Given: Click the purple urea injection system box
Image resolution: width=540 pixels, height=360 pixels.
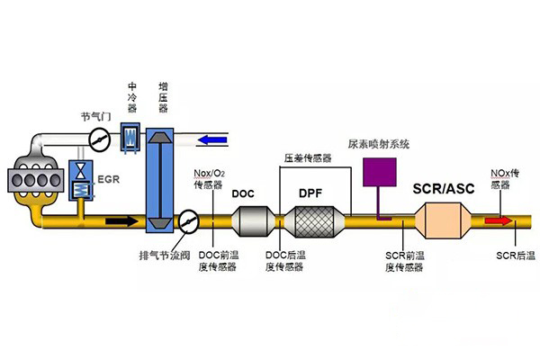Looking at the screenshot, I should [379, 171].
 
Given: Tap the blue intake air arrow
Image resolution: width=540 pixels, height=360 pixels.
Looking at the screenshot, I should [213, 139].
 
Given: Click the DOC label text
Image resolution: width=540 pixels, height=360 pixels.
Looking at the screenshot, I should [244, 193].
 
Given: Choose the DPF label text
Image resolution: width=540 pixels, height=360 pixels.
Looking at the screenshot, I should [309, 193].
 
